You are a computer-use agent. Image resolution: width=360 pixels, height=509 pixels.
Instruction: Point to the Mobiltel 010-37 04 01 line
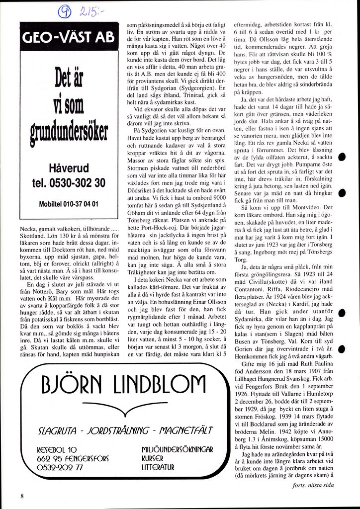coord(69,204)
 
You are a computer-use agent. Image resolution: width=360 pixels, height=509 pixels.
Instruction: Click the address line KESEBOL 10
coord(57,449)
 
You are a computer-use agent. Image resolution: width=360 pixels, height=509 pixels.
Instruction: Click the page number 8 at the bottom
coord(22,496)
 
